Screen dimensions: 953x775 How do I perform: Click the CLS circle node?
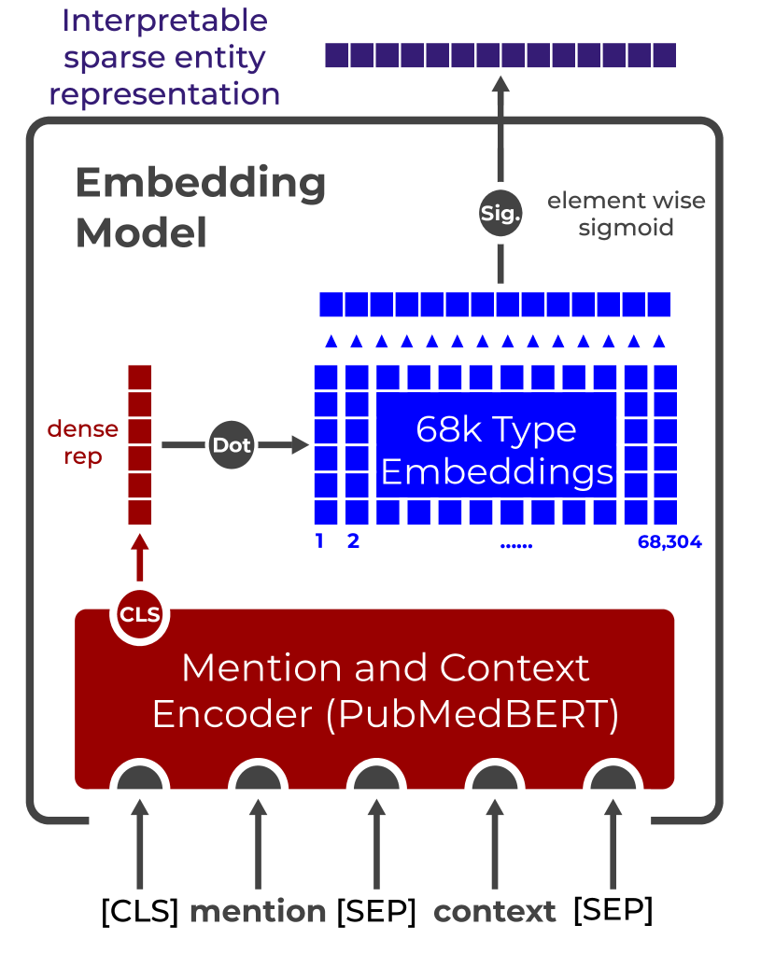[x=140, y=615]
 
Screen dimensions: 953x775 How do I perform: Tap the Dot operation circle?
[x=231, y=445]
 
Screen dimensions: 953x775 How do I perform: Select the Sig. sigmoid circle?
[x=500, y=213]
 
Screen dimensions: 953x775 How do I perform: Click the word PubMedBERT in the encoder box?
[x=472, y=714]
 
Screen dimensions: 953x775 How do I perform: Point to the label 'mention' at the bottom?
[x=258, y=911]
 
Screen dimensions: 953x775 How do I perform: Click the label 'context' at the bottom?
[x=495, y=911]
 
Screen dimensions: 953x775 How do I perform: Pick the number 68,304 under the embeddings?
[x=669, y=541]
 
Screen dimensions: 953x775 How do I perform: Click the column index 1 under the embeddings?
[x=320, y=541]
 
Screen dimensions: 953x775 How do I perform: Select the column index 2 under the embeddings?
[x=354, y=541]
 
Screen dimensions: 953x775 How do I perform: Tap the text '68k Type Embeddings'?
[x=497, y=451]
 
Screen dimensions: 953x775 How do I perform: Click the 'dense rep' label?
[x=83, y=442]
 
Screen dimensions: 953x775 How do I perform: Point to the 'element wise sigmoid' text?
[x=626, y=214]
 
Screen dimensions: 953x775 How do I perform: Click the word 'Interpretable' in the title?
[x=164, y=21]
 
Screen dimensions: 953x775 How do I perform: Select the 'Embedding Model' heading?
[x=200, y=207]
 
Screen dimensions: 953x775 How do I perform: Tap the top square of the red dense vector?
[x=139, y=378]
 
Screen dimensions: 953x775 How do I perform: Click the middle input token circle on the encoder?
[x=376, y=779]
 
